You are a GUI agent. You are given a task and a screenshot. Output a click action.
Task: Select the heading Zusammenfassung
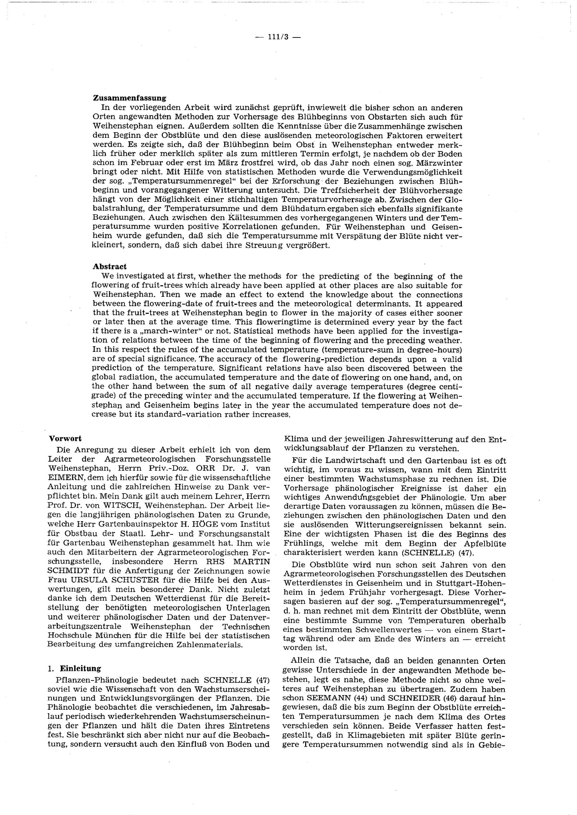129,98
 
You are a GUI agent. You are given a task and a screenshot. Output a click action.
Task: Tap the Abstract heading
109,267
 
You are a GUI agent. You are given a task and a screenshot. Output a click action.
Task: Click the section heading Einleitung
80,668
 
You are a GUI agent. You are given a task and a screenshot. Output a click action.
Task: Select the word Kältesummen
254,218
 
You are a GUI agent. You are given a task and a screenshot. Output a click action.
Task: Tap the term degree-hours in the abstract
435,350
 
